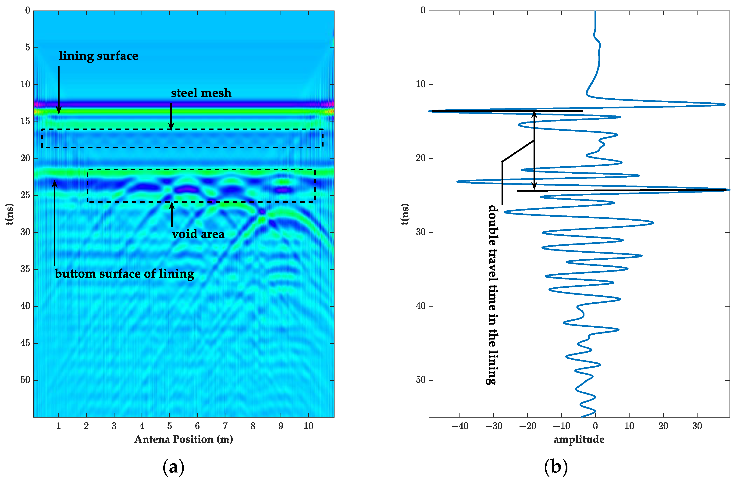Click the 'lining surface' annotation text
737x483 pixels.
(x=99, y=56)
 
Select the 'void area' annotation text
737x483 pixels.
(x=198, y=234)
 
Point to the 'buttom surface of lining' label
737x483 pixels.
(x=125, y=274)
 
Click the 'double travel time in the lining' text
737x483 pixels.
(x=493, y=294)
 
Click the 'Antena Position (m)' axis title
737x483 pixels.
(x=183, y=439)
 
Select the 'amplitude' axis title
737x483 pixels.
(x=579, y=439)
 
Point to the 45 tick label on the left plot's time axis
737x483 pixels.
(x=25, y=343)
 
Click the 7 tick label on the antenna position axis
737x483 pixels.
(x=225, y=426)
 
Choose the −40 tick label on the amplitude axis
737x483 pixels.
(x=459, y=426)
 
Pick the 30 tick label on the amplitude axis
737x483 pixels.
(x=697, y=426)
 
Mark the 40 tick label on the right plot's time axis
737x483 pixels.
(x=421, y=306)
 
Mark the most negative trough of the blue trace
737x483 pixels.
(x=430, y=111)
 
